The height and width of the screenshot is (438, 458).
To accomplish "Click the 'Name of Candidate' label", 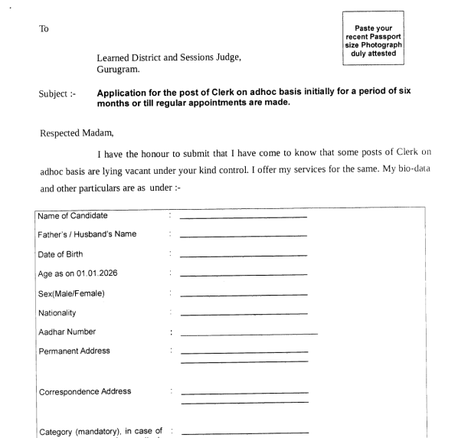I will pyautogui.click(x=74, y=217).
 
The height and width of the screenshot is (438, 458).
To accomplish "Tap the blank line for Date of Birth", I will pyautogui.click(x=243, y=256).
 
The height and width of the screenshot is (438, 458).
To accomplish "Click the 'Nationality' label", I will pyautogui.click(x=62, y=312).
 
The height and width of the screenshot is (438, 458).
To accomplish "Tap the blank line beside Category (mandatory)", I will pyautogui.click(x=243, y=433).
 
